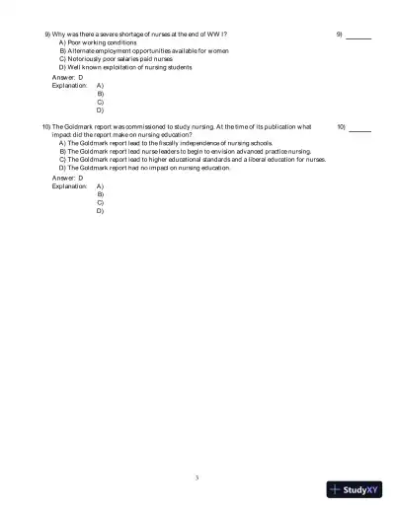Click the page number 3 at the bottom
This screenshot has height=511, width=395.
(x=197, y=477)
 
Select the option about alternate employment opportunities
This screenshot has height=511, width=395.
(x=144, y=51)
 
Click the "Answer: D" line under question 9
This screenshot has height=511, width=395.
(x=67, y=77)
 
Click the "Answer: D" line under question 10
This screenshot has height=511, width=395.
(x=67, y=178)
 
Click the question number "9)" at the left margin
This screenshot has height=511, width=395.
(x=48, y=35)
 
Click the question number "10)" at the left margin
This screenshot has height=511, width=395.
(x=46, y=127)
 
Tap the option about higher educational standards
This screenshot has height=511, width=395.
(x=193, y=159)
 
